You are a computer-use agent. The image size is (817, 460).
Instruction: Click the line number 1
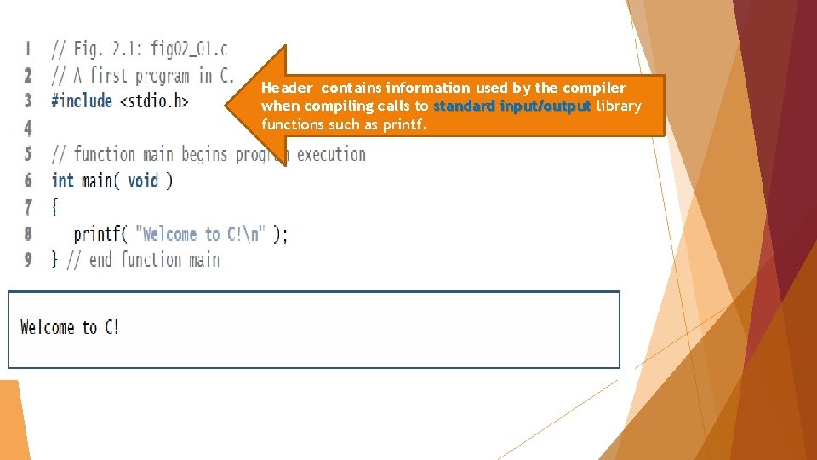(x=28, y=49)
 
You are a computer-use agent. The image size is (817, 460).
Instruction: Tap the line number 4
(x=28, y=128)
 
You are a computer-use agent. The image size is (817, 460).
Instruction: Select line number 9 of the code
(x=28, y=260)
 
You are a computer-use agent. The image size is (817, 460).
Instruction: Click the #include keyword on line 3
(x=82, y=101)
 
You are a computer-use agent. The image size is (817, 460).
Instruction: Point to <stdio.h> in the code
(x=154, y=101)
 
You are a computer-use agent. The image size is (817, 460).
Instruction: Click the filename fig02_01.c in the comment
(x=189, y=49)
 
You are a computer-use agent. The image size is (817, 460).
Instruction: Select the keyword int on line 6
(x=62, y=181)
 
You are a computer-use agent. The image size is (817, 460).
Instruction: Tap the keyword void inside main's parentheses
(x=143, y=181)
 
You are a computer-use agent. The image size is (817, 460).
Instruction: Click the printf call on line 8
(x=97, y=234)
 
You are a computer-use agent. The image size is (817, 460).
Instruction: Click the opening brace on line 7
(x=54, y=207)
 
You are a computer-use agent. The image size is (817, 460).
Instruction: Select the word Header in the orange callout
(x=287, y=88)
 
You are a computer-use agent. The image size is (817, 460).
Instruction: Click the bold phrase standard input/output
(x=511, y=106)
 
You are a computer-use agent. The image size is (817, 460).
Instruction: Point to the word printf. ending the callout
(x=403, y=125)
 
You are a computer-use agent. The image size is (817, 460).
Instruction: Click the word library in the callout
(x=619, y=106)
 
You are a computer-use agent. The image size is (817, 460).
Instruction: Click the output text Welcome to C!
(x=70, y=327)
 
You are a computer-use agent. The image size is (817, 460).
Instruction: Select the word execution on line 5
(x=331, y=154)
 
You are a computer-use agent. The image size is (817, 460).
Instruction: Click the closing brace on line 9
(x=54, y=260)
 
